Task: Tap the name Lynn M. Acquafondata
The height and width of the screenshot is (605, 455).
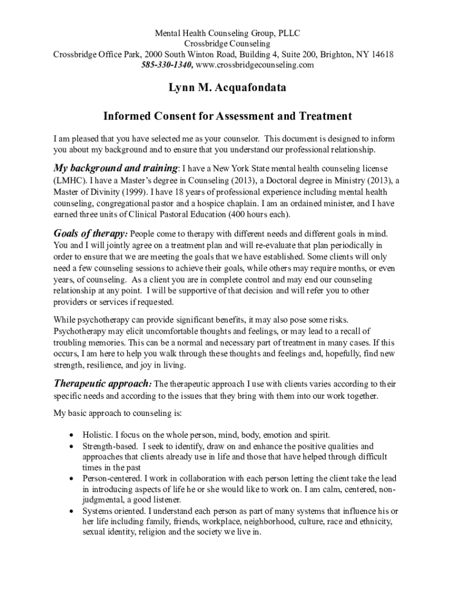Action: pos(227,88)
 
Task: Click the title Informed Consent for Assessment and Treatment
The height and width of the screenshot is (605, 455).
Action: pos(227,116)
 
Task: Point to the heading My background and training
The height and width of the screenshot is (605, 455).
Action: pos(116,168)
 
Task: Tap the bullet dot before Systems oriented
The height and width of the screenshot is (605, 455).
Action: pos(72,510)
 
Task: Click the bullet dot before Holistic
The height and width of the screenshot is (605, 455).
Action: pos(72,435)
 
